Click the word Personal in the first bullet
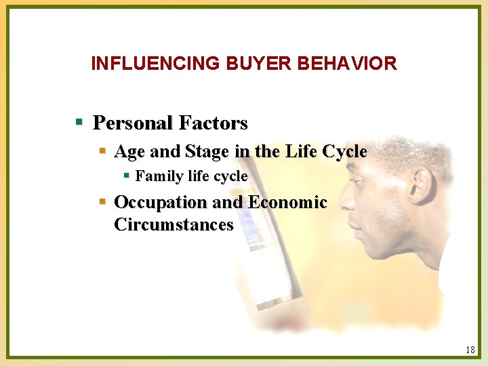(133, 123)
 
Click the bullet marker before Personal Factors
(79, 123)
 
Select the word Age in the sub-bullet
(127, 151)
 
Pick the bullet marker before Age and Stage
(102, 150)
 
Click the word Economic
(287, 202)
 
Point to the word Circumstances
(174, 224)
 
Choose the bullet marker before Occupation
(102, 202)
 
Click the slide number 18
(470, 350)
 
